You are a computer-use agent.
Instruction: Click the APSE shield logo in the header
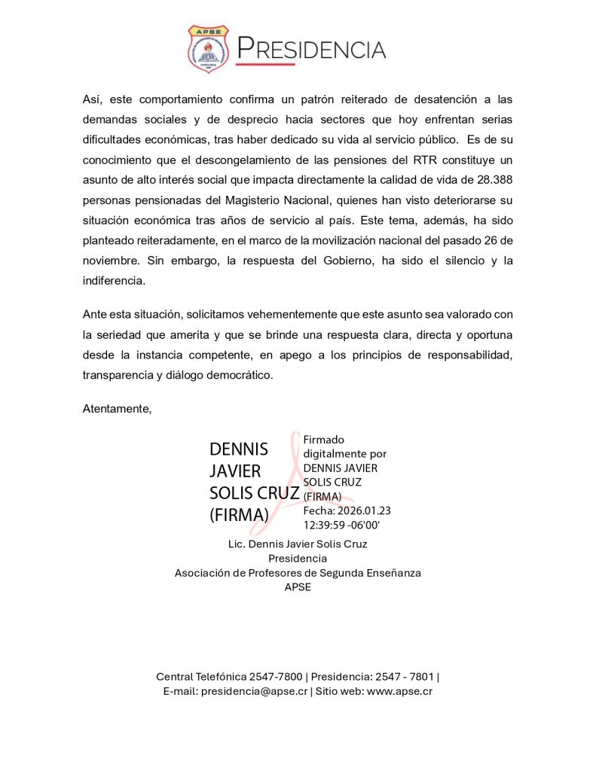(208, 49)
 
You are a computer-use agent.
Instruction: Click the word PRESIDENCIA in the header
(311, 49)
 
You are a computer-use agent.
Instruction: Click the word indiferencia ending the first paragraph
(113, 281)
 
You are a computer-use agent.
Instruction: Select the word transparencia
(119, 374)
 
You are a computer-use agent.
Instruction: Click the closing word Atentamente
(118, 408)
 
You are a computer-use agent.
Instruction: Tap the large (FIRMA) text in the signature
(239, 515)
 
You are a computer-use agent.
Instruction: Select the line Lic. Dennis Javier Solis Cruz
(298, 544)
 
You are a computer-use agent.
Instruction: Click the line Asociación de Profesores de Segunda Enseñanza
(298, 573)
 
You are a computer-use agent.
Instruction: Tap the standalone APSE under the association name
(298, 587)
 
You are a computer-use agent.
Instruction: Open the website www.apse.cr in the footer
(399, 691)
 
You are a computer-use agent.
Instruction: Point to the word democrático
(236, 374)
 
